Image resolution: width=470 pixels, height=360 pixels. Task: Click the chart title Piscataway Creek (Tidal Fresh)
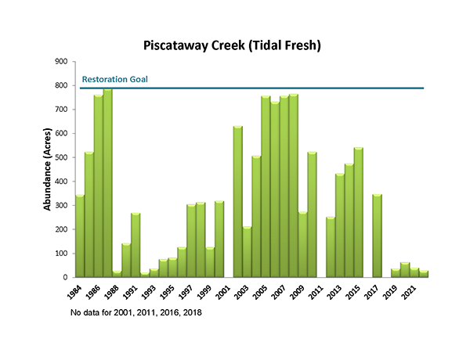click(x=233, y=45)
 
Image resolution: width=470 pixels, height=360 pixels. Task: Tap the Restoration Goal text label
click(x=114, y=80)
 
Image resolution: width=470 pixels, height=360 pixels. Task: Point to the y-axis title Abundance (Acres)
click(x=48, y=169)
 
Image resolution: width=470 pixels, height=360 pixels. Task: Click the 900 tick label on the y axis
click(x=61, y=62)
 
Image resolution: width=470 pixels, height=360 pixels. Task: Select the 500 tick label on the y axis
click(x=61, y=157)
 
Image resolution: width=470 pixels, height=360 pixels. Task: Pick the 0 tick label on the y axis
click(x=66, y=277)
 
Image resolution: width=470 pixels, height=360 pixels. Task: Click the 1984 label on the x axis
click(x=76, y=289)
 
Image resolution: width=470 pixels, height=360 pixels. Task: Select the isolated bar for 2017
click(x=377, y=236)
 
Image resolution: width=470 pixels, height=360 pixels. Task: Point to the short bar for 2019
click(x=396, y=273)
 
